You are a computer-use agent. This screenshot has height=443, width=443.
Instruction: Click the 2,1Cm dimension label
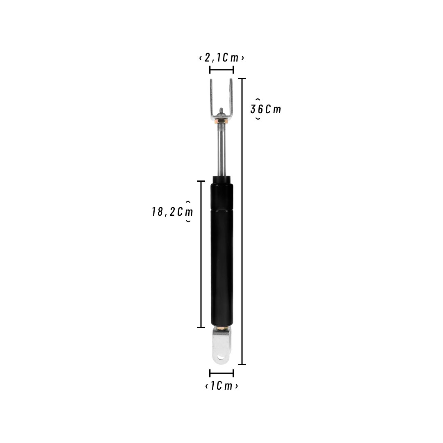(221, 58)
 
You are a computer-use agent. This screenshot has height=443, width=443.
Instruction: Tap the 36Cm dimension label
(266, 109)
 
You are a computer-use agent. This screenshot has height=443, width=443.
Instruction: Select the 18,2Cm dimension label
(172, 212)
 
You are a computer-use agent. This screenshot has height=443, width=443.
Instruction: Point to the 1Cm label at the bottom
(221, 386)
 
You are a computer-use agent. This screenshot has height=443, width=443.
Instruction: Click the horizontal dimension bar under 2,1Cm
(221, 69)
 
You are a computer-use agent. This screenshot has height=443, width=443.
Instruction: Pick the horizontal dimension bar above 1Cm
(221, 373)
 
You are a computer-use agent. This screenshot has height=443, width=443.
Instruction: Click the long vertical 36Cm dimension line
(242, 221)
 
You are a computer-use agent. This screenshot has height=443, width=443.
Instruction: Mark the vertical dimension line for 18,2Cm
(201, 254)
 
